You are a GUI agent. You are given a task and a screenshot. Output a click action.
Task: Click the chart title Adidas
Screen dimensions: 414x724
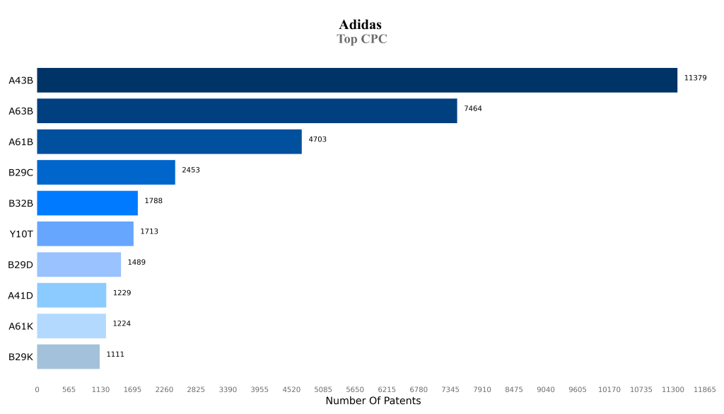tap(361, 25)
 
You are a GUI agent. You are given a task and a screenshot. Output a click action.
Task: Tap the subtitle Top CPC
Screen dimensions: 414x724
tap(361, 39)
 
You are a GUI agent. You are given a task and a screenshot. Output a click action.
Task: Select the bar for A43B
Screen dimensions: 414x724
tap(357, 80)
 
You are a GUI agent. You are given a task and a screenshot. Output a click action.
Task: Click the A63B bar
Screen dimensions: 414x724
tap(247, 111)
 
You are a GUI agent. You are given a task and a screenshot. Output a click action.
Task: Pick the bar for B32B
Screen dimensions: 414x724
tap(87, 203)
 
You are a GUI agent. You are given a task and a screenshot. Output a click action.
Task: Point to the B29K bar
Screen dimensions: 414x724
tap(68, 357)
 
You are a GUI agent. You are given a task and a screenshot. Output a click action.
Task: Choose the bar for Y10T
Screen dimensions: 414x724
tap(85, 234)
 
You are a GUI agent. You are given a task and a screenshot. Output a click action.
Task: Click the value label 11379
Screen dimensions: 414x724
tap(695, 78)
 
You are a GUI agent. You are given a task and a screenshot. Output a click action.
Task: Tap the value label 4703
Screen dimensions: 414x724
tap(317, 139)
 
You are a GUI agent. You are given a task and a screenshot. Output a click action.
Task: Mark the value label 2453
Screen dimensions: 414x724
tap(191, 170)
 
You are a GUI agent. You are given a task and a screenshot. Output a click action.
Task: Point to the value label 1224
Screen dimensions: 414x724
tap(122, 323)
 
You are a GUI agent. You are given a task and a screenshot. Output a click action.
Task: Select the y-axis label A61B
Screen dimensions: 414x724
tap(21, 142)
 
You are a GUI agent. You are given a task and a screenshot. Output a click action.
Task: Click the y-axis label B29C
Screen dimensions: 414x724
tap(21, 173)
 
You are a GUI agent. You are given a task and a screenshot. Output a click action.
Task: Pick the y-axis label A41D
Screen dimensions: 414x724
tap(21, 295)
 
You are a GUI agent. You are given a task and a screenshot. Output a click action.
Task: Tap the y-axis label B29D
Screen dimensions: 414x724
tap(21, 265)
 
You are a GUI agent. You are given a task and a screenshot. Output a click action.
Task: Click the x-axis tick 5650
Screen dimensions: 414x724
tap(355, 389)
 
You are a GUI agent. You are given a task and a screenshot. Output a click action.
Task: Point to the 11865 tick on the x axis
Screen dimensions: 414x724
tap(704, 389)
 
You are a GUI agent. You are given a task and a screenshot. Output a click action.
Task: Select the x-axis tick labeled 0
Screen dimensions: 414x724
tap(37, 389)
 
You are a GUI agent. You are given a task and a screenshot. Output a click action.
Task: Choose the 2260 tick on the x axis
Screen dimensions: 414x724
tap(164, 389)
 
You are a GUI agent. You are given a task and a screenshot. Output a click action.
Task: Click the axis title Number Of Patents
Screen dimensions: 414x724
tap(373, 401)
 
